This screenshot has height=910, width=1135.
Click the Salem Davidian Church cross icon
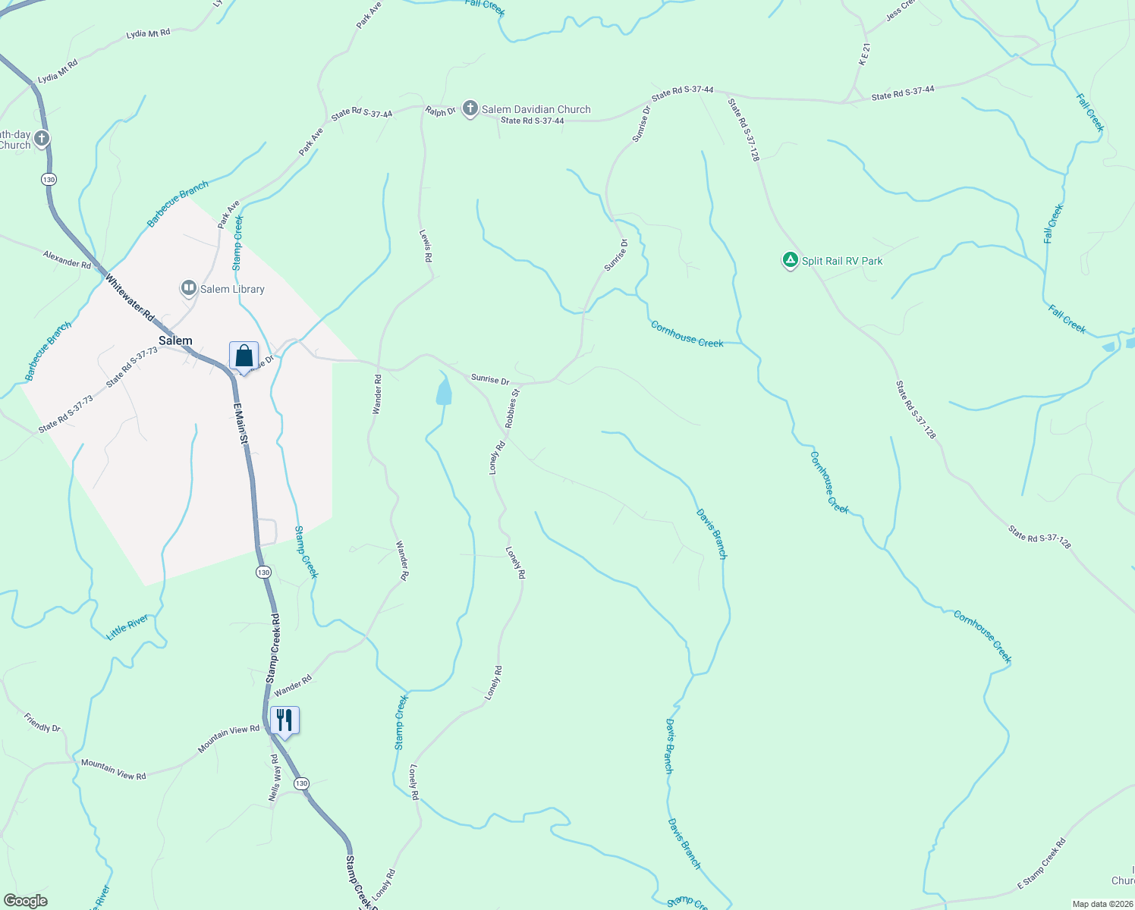coord(470,109)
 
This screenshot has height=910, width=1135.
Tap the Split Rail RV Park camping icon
coord(790,261)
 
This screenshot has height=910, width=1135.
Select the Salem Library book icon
coord(188,288)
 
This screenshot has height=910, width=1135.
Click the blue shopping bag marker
coord(244,356)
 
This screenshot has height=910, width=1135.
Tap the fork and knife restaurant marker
coord(285,720)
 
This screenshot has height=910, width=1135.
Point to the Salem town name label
coord(175,340)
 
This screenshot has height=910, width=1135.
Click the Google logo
coord(25,900)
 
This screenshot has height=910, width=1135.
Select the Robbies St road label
coord(513,408)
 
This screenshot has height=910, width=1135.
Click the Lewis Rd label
coord(426,246)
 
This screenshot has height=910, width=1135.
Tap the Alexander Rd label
coord(67,259)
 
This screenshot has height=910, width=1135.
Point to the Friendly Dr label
coord(42,722)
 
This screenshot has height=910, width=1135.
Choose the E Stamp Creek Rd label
coord(1041,864)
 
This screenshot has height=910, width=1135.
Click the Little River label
coord(127,627)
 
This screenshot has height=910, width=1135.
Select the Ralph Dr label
coord(440,111)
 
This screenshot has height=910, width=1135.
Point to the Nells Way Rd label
coord(275,778)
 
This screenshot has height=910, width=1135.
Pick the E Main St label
coord(241,424)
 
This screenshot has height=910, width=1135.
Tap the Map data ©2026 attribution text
coord(1100,904)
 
